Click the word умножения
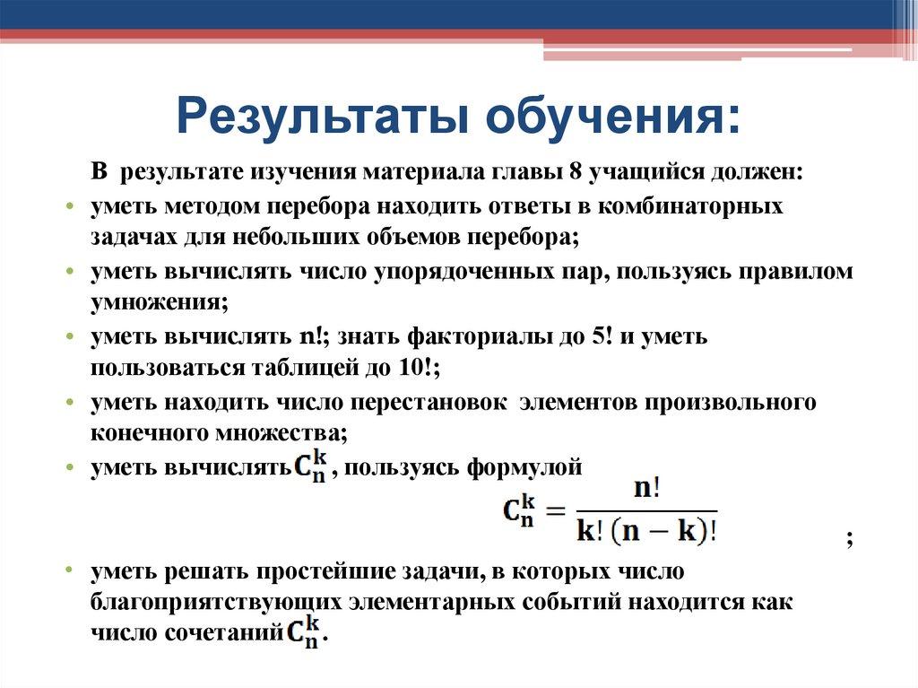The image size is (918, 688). (158, 303)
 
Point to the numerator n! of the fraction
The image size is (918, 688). (645, 490)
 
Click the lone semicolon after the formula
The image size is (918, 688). (848, 538)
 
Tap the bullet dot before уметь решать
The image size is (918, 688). (69, 571)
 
